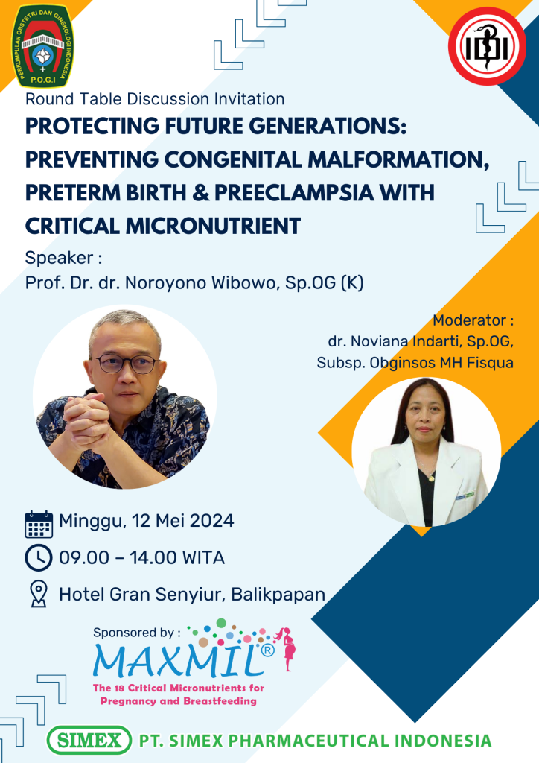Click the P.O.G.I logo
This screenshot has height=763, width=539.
42,46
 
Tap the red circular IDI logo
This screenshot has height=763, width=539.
486,46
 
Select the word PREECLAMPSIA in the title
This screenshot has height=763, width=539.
294,193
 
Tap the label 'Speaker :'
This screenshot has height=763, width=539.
64,258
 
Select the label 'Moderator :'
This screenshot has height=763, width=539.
473,320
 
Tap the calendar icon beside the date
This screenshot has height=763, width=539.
39,524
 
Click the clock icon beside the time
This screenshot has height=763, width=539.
39,557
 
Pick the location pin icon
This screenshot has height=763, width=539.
39,594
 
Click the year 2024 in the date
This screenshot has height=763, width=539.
211,521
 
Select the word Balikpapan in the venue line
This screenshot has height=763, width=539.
278,595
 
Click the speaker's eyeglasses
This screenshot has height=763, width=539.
125,364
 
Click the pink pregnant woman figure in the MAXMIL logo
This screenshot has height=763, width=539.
287,649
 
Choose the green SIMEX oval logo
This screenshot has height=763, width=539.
89,741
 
